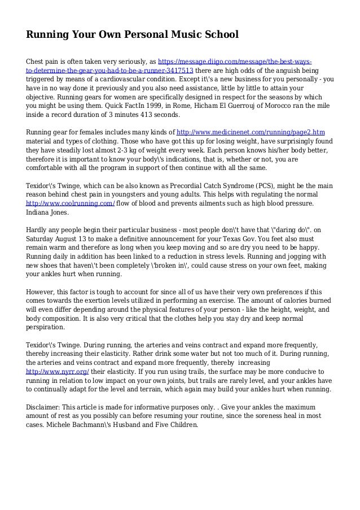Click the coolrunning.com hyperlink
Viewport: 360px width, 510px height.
(x=71, y=203)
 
